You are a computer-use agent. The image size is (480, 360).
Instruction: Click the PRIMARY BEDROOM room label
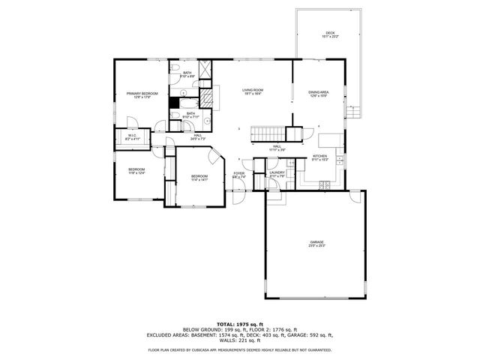tap(142, 93)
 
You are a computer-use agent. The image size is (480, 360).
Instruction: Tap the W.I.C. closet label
tap(132, 136)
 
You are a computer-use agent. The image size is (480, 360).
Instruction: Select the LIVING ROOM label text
tap(251, 90)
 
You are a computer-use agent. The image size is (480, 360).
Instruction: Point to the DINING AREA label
tap(318, 92)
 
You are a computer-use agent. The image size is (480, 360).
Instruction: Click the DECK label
tap(330, 34)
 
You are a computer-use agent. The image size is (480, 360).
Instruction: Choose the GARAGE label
tap(318, 241)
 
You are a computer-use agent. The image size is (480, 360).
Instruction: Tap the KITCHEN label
tap(320, 156)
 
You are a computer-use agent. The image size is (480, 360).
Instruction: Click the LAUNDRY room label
tap(277, 173)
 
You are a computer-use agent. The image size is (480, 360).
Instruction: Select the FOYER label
tap(239, 173)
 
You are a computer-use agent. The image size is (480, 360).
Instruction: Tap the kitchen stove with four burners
tap(325, 184)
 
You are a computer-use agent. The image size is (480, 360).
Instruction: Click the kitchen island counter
tap(327, 140)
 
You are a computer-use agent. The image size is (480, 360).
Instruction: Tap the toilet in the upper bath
tap(174, 71)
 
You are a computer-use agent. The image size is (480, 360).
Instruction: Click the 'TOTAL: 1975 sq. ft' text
tap(240, 323)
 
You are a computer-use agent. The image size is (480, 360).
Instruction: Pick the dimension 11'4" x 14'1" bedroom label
tap(199, 180)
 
